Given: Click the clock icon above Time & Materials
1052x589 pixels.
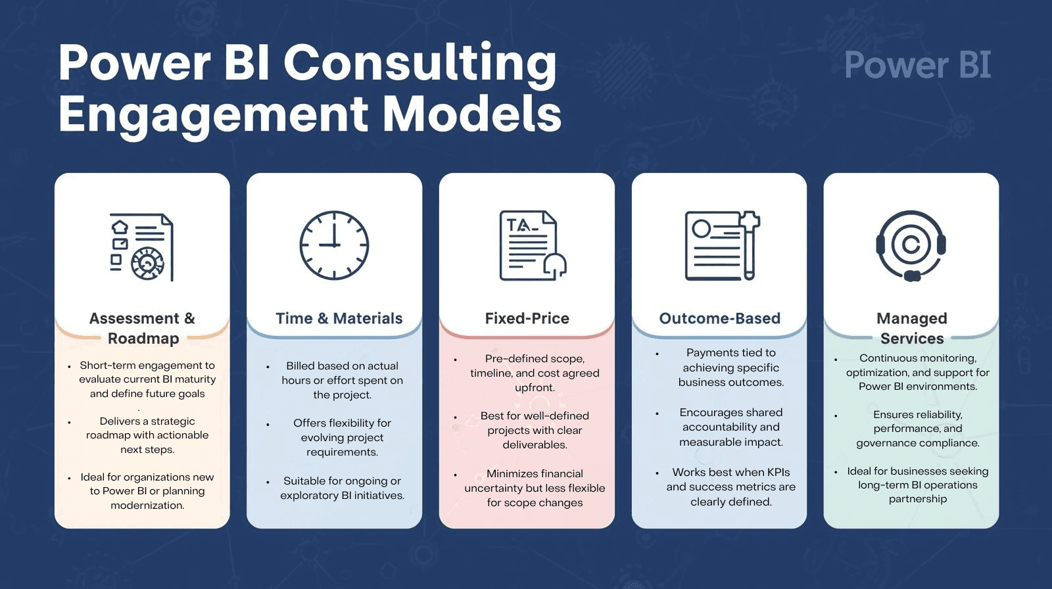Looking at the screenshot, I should [x=334, y=245].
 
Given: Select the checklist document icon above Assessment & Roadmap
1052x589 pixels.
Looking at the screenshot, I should [x=141, y=247].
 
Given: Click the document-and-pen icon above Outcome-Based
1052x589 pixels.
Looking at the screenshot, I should [x=722, y=246].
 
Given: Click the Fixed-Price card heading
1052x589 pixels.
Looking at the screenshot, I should [x=527, y=318].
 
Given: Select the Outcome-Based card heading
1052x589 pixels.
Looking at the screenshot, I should [x=719, y=318].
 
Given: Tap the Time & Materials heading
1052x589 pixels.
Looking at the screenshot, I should [x=339, y=318].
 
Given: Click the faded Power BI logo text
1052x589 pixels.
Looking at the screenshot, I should [x=917, y=65].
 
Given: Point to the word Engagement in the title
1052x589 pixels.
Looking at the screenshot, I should [x=213, y=114].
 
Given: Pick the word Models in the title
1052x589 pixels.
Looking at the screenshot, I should [x=472, y=114].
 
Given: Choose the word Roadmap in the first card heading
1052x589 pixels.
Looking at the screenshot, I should [x=143, y=339].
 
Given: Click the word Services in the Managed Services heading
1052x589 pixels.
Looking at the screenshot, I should [x=912, y=339].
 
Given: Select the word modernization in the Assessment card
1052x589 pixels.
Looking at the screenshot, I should [x=147, y=506].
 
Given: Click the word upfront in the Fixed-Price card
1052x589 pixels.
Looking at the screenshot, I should [x=535, y=387].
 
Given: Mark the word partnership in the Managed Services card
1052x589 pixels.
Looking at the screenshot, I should [x=917, y=499].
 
